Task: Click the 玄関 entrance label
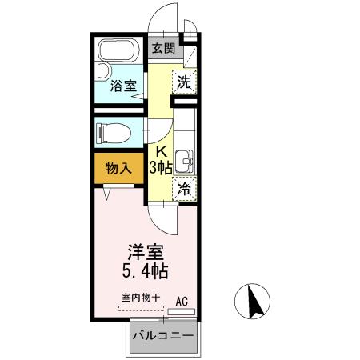[x=162, y=48]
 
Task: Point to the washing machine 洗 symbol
[x=184, y=82]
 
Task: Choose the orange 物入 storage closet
[x=118, y=169]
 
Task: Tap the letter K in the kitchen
[x=162, y=151]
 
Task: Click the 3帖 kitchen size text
[x=162, y=167]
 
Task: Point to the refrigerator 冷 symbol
[x=184, y=190]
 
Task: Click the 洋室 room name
[x=144, y=250]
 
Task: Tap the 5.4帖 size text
[x=144, y=270]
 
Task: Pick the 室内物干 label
[x=140, y=298]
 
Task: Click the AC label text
[x=182, y=301]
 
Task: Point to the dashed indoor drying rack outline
[x=140, y=307]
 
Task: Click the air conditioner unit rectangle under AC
[x=182, y=311]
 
